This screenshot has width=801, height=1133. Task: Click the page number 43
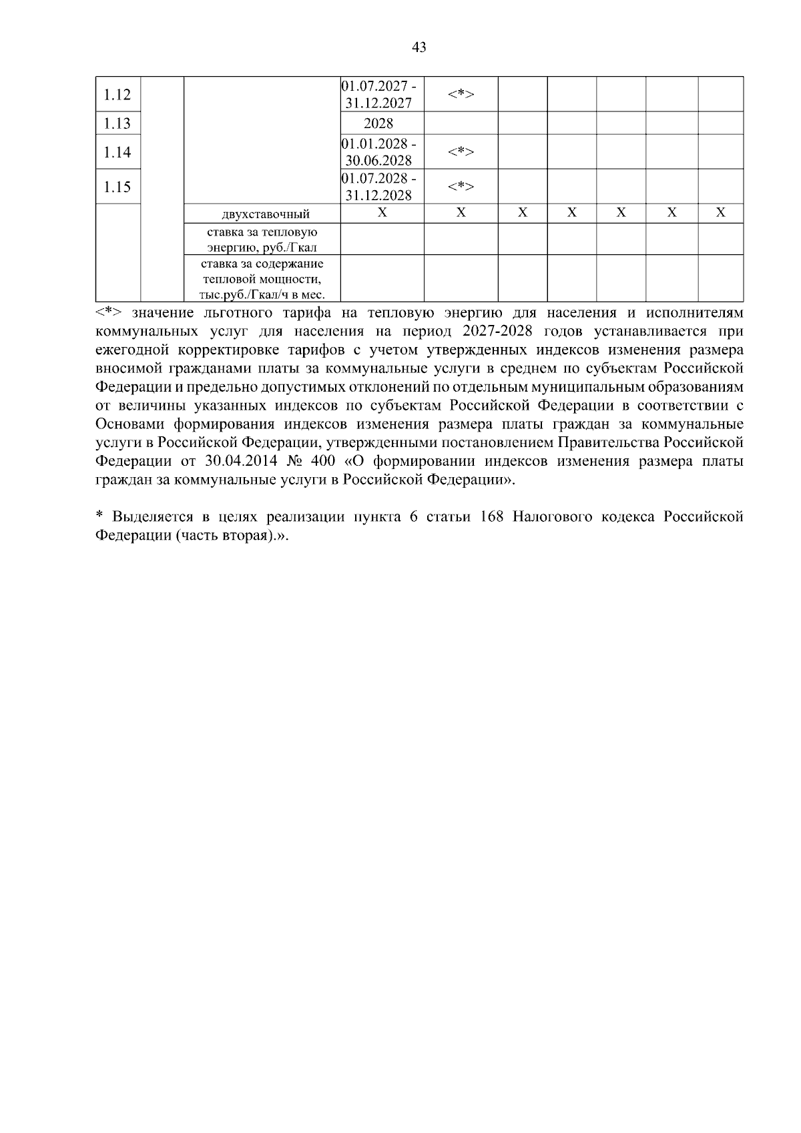420,47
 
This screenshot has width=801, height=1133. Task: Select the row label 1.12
117,95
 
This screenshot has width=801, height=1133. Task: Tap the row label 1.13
117,123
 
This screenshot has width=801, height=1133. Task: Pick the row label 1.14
117,152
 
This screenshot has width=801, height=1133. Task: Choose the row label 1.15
117,187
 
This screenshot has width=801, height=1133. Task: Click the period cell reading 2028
378,123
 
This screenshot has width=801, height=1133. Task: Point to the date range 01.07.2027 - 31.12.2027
378,95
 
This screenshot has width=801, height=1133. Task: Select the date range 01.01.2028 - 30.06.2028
378,152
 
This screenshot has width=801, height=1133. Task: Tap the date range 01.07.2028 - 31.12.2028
378,187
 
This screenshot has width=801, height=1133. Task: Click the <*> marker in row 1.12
461,95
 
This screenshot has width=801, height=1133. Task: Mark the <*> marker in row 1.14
461,152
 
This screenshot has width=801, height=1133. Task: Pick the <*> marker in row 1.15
461,187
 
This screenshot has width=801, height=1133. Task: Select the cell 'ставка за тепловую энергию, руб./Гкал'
262,240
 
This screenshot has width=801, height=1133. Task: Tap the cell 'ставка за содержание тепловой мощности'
262,279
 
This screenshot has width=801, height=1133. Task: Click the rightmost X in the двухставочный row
720,213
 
